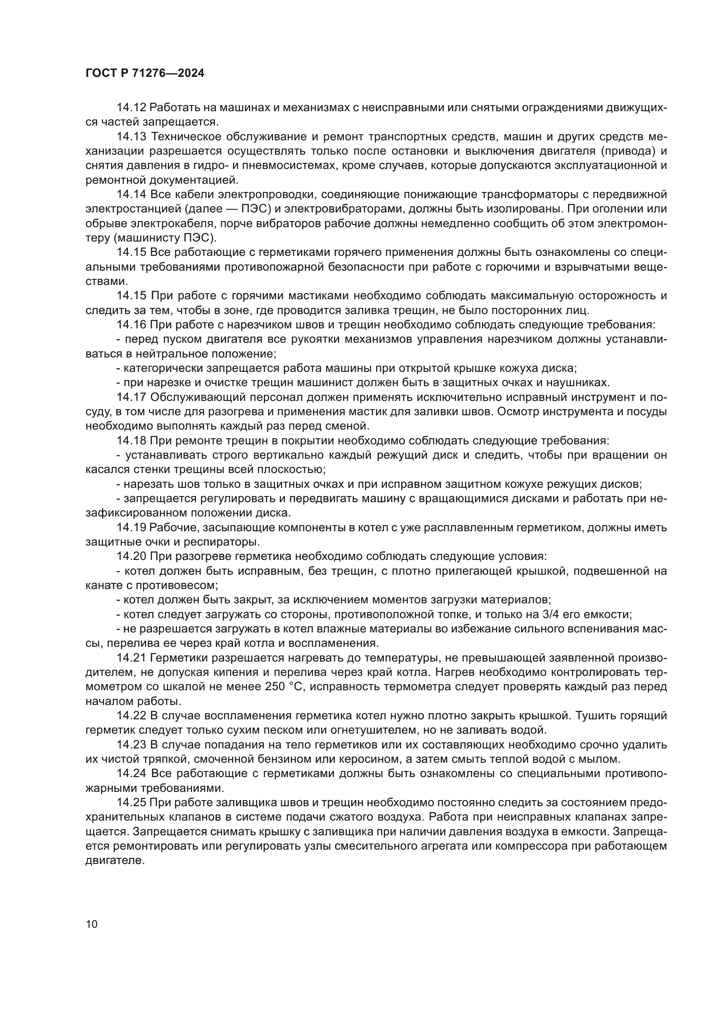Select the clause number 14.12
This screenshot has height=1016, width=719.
pyautogui.click(x=131, y=108)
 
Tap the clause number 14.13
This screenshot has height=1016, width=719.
pyautogui.click(x=131, y=137)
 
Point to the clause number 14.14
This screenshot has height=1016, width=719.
pyautogui.click(x=131, y=195)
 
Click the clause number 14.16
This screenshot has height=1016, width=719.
pyautogui.click(x=131, y=325)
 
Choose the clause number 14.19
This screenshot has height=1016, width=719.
pyautogui.click(x=131, y=527)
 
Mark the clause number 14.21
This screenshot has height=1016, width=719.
pyautogui.click(x=131, y=658)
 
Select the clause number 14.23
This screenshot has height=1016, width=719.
pyautogui.click(x=131, y=745)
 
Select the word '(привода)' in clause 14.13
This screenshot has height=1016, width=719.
pyautogui.click(x=628, y=151)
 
